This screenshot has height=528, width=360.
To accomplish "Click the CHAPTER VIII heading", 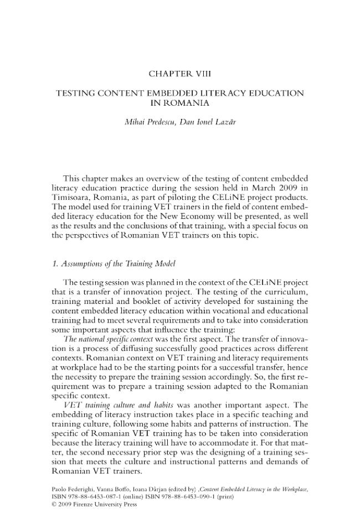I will [x=180, y=74].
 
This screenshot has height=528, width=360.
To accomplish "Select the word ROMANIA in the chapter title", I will [x=180, y=103].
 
